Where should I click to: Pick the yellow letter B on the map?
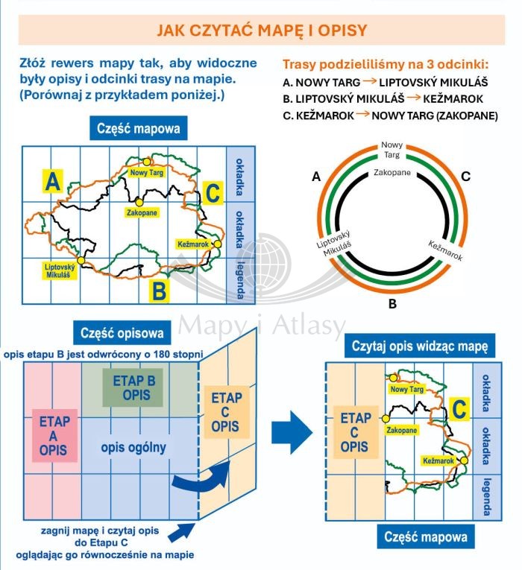click(159, 291)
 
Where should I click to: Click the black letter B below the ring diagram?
click(391, 305)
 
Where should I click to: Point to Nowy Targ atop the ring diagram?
click(391, 149)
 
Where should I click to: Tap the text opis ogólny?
click(134, 447)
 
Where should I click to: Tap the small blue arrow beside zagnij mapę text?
click(180, 532)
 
